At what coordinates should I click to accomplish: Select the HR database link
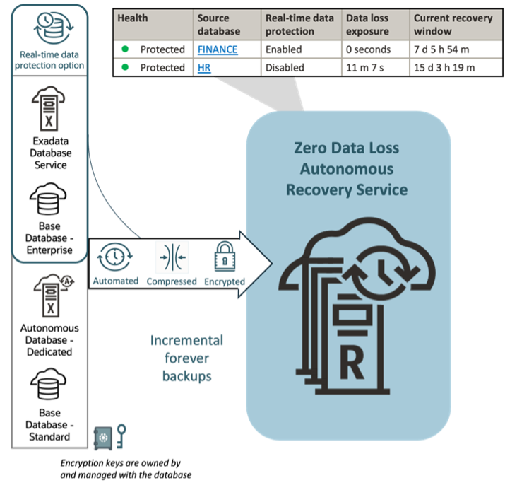(206, 69)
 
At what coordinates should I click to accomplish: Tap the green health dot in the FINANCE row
(125, 50)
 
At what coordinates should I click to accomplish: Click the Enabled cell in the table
(283, 50)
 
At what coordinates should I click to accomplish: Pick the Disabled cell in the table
(285, 69)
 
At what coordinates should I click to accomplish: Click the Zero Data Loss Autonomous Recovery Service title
(347, 169)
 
